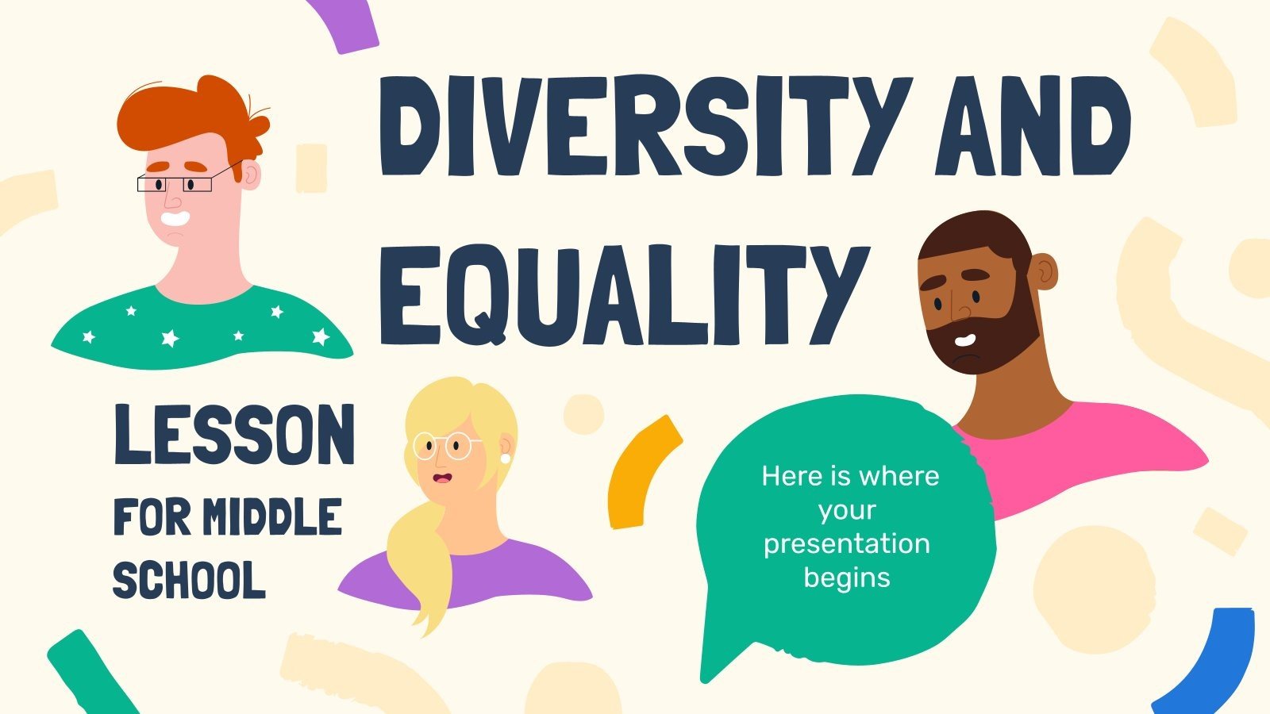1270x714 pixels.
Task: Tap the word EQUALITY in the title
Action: click(x=622, y=294)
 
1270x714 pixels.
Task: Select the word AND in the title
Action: click(x=1032, y=127)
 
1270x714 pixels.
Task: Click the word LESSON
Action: click(x=234, y=436)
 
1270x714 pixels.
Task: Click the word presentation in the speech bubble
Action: click(x=846, y=544)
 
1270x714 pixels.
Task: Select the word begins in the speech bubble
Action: click(x=846, y=578)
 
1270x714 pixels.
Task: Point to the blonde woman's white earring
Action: click(x=504, y=459)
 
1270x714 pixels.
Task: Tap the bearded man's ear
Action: click(x=1045, y=271)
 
